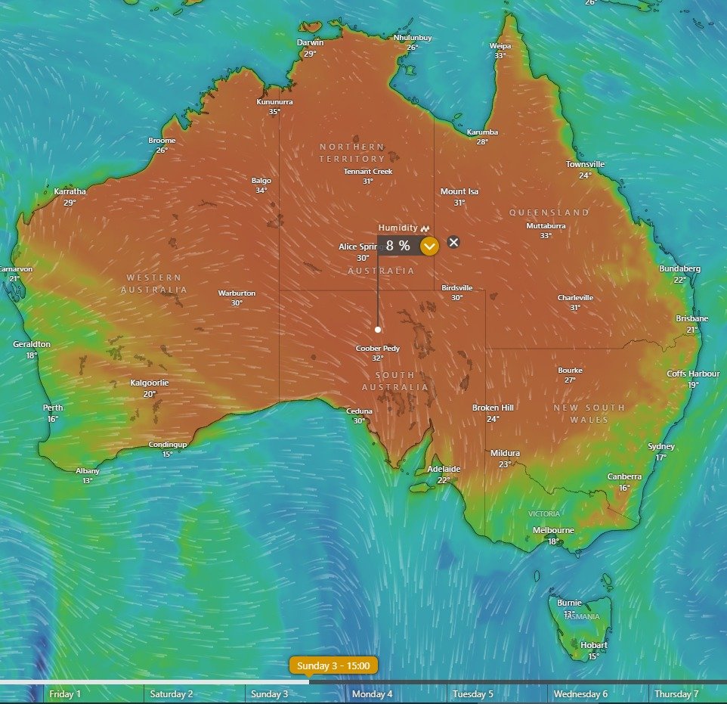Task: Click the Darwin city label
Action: pos(310,43)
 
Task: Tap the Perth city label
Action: pos(53,408)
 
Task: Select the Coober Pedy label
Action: pos(377,349)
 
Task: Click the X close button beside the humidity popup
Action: pos(453,242)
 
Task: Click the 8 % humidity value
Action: pos(398,245)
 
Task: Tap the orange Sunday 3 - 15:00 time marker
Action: pos(333,665)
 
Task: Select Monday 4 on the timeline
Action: pos(373,693)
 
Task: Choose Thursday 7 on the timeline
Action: pos(677,693)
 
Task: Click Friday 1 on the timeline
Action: pos(65,693)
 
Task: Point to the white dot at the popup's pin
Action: pos(378,329)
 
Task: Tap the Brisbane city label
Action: pos(692,319)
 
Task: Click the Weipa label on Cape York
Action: pos(500,46)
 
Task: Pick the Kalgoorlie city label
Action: pos(150,383)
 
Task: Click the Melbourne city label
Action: pos(553,530)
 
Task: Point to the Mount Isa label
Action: pos(459,192)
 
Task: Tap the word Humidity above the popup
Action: pos(398,228)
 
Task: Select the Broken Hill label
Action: pos(493,408)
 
